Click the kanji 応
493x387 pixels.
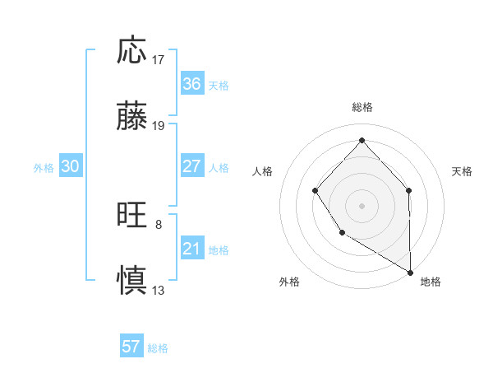[132, 51]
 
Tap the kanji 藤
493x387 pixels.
[132, 117]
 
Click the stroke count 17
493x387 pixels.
[159, 60]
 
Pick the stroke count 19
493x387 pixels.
[159, 126]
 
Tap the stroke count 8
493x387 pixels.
[159, 224]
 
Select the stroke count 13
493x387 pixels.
[159, 290]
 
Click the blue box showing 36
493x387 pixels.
[191, 84]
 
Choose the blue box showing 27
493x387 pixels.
[191, 166]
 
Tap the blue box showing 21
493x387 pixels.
[191, 249]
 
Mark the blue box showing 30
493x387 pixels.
[71, 166]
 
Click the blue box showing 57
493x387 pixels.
[131, 347]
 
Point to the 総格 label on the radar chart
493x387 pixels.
[362, 108]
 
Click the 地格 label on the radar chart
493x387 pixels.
[431, 282]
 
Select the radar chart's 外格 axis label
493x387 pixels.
[289, 282]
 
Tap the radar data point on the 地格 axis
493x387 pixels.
[411, 273]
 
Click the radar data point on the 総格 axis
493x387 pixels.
[362, 140]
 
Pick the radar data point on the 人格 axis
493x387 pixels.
[316, 191]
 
